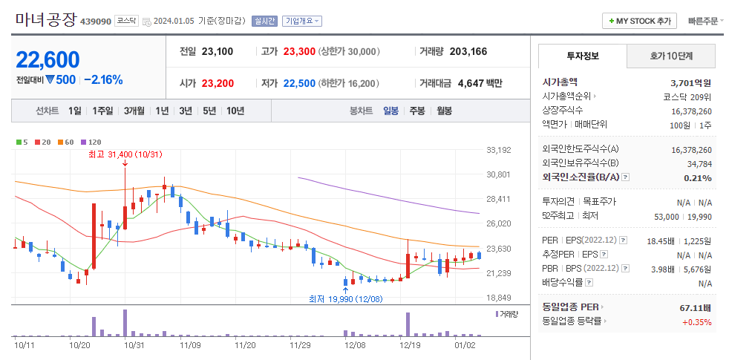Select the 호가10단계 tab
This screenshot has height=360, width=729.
point(671,56)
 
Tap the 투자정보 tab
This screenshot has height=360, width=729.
point(583,56)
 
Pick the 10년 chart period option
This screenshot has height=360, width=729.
point(235,111)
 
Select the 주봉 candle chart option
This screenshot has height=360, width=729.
point(417,111)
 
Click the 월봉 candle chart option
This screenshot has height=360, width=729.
point(444,111)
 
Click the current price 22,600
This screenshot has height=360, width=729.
point(48,59)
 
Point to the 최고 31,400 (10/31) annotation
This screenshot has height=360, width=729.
point(125,154)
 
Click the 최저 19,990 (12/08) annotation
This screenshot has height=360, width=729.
point(346,298)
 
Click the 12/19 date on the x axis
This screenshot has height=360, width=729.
point(410,344)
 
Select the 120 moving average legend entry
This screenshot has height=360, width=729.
point(91,142)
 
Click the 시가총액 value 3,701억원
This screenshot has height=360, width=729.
point(690,82)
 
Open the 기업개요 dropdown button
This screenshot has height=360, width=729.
point(302,21)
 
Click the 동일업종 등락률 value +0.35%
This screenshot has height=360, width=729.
point(696,321)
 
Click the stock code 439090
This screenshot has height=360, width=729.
point(95,21)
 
